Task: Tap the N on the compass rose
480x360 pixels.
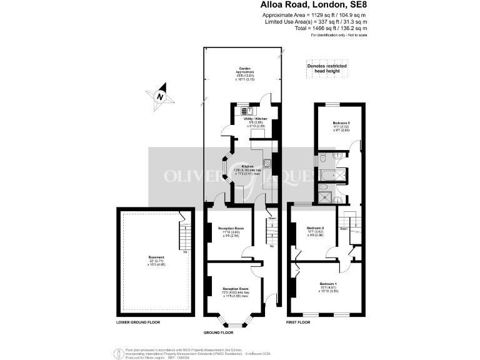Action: coord(161,97)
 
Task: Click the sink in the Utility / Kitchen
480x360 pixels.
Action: coord(246,111)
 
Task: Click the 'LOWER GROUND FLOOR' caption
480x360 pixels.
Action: coord(138,322)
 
